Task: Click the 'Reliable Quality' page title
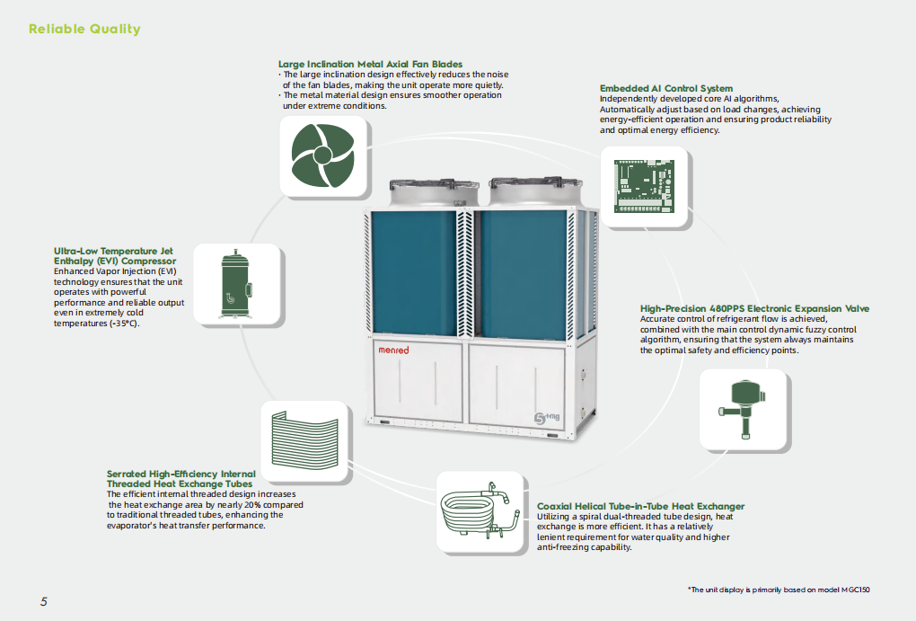tap(84, 30)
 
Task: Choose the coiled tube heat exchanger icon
tap(480, 511)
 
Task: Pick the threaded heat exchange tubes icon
tap(304, 441)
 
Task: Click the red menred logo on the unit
tap(392, 350)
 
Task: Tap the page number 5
tap(43, 601)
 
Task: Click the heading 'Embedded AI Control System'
tap(665, 89)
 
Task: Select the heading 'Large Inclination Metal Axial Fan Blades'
tap(370, 65)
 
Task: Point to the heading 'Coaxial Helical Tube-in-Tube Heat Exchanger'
tap(640, 507)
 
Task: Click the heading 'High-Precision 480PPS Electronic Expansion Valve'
tap(754, 309)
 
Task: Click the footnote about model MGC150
tap(779, 590)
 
